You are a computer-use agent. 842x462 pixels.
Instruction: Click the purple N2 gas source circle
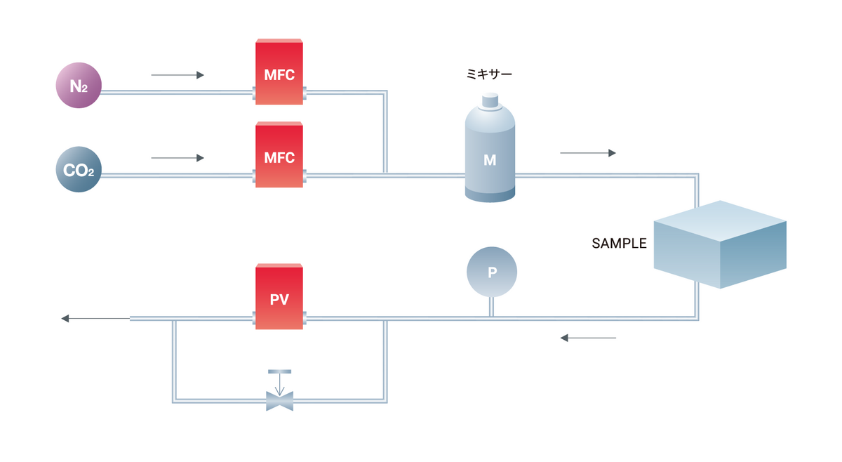click(79, 86)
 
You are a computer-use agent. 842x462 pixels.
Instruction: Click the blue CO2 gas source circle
click(79, 169)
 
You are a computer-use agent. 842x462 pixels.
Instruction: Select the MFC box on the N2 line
click(279, 72)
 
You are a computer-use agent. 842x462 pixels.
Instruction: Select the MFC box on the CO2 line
click(279, 155)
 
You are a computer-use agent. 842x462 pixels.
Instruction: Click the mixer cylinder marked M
click(490, 158)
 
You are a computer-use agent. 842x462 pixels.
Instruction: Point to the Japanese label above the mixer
click(489, 73)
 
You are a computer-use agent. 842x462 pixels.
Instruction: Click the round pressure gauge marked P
click(492, 272)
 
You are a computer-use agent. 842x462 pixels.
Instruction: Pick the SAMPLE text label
click(619, 244)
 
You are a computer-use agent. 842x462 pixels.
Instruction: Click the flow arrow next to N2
click(178, 74)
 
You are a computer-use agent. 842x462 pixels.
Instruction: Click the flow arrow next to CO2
click(178, 158)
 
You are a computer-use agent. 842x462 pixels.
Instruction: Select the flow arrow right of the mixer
click(587, 152)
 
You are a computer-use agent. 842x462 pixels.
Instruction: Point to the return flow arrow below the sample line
click(587, 338)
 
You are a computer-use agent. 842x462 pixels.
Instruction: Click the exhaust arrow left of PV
click(95, 319)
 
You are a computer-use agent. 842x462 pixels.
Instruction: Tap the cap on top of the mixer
click(490, 103)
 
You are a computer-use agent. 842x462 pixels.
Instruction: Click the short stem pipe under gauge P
click(492, 307)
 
